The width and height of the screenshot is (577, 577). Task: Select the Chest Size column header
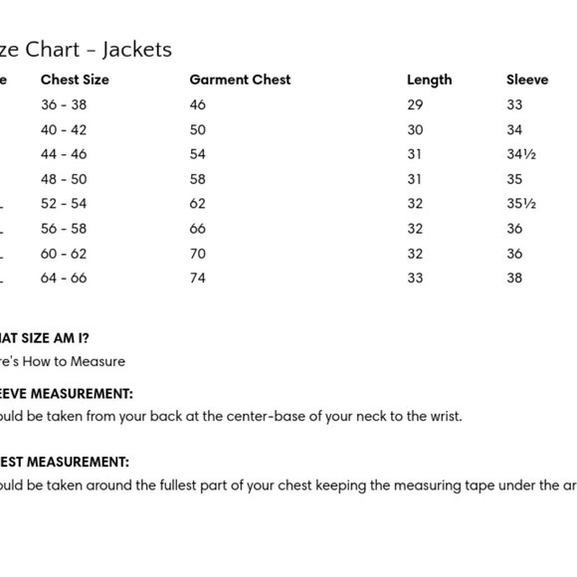pos(75,80)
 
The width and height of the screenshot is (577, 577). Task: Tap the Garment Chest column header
pos(240,80)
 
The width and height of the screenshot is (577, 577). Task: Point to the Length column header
pos(429,80)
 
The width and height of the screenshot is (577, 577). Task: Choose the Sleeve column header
pos(527,80)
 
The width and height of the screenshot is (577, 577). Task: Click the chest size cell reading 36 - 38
pos(64,104)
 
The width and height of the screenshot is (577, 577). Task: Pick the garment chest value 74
pos(197,279)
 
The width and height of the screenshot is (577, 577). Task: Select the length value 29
pos(415,104)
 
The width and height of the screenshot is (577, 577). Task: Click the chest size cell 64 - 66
pos(64,279)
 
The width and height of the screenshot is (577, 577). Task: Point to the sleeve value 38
pos(514,279)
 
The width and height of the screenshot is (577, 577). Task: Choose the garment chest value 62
pos(197,204)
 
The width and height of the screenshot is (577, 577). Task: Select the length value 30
pos(415,129)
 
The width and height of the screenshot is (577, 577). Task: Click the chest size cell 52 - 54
pos(64,204)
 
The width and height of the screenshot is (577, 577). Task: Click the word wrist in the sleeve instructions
pos(444,417)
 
